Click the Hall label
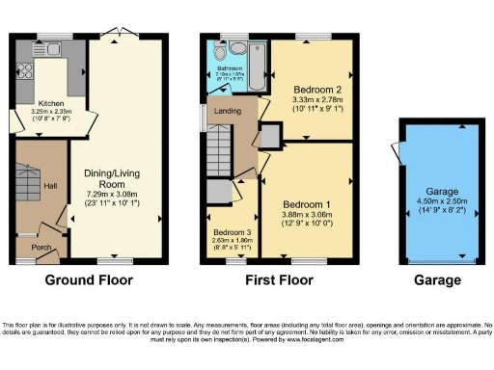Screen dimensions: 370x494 52,185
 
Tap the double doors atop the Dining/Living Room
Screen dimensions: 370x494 115,32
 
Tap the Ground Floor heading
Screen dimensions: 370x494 89,280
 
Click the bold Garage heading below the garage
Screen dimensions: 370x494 437,280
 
